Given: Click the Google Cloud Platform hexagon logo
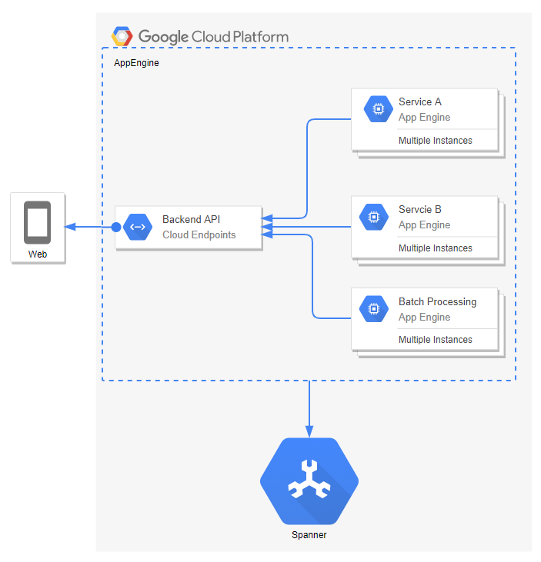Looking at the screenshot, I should click(122, 36).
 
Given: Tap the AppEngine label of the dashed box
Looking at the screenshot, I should click(136, 63).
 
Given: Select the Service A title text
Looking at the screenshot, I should click(419, 101).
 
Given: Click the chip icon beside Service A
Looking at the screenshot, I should click(377, 109).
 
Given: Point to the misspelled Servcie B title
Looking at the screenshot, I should click(419, 209).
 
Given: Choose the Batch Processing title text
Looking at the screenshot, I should click(437, 301).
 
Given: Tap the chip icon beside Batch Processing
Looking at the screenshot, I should click(374, 309).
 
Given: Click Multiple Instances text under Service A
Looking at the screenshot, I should click(435, 141).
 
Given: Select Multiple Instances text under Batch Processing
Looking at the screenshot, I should click(435, 339).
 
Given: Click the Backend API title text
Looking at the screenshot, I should click(191, 220).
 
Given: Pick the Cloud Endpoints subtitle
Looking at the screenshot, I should click(199, 234).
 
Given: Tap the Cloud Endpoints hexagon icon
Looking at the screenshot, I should click(139, 227).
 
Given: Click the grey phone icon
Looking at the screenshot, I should click(37, 222).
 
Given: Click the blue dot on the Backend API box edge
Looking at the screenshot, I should click(116, 227).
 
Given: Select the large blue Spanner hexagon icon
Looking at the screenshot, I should click(309, 481).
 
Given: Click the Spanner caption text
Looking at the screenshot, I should click(309, 535).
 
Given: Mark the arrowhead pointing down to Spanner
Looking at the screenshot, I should click(309, 431).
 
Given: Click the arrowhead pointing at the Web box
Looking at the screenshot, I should click(70, 227).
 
